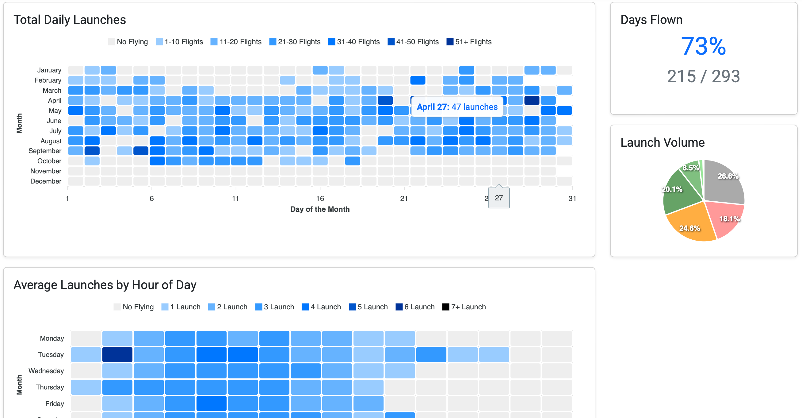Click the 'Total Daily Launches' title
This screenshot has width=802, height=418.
coord(70,20)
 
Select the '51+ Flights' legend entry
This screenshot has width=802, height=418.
coord(469,42)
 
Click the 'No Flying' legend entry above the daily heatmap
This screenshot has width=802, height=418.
coord(128,42)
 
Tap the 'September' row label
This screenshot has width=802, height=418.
coord(45,151)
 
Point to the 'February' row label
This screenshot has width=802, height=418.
coord(48,80)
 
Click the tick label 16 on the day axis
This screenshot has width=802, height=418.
coord(320,199)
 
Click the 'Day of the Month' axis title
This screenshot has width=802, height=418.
coord(320,209)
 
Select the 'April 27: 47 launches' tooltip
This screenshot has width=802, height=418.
coord(457,107)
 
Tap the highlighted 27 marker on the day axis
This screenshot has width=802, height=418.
coord(498,198)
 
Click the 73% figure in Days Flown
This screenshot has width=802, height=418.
coord(703,46)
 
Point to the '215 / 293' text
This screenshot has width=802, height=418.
coord(703,76)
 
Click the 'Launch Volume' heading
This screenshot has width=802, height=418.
coord(662,142)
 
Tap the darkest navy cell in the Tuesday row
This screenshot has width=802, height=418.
coord(117,354)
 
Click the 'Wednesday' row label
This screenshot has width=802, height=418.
coord(46,371)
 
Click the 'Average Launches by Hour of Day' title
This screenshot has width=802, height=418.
coord(105,285)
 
